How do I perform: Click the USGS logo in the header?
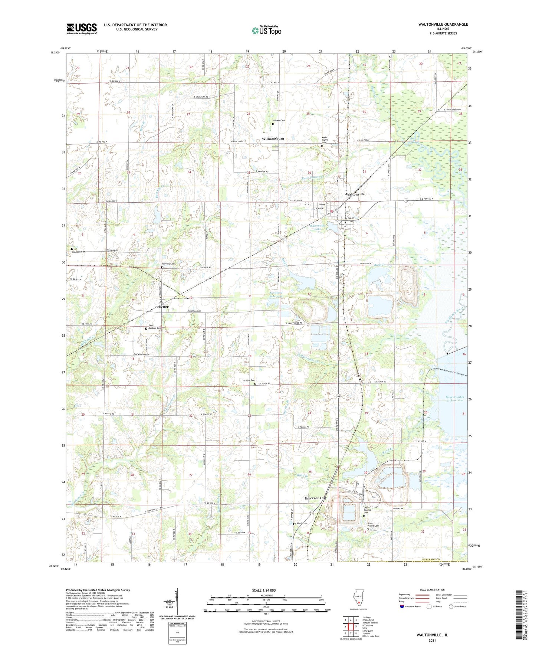pyautogui.click(x=82, y=28)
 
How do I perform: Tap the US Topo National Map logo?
pyautogui.click(x=266, y=30)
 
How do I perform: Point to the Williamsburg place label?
pyautogui.click(x=273, y=138)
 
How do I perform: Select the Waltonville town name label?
pyautogui.click(x=355, y=194)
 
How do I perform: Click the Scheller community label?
pyautogui.click(x=162, y=307)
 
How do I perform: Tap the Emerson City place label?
pyautogui.click(x=315, y=498)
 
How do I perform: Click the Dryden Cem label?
pyautogui.click(x=249, y=380)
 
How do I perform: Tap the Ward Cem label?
pyautogui.click(x=302, y=524)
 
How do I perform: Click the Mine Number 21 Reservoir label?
pyautogui.click(x=454, y=399)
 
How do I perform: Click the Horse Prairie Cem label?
pyautogui.click(x=373, y=524)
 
